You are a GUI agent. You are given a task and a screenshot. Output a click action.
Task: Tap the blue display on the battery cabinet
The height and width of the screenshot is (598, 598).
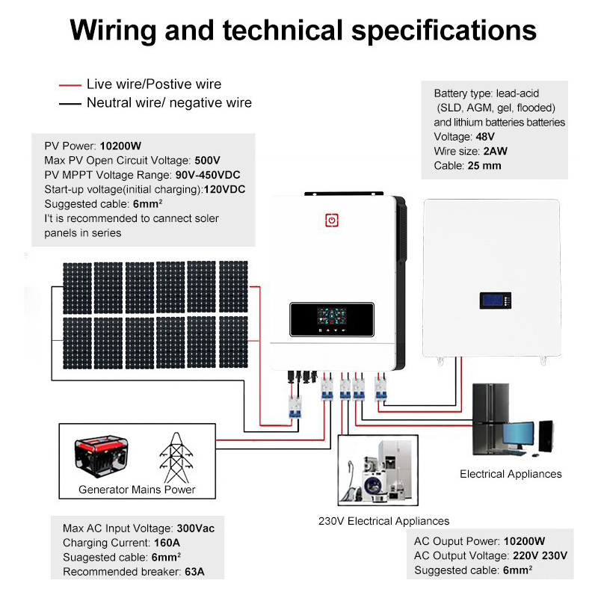coord(494,301)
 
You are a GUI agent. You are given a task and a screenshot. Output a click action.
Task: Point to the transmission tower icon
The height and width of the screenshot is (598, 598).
coord(176,457)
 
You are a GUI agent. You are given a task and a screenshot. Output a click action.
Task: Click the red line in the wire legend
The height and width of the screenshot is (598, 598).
coord(70,85)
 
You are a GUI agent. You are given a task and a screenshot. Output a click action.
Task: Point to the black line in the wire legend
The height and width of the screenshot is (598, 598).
coord(70,103)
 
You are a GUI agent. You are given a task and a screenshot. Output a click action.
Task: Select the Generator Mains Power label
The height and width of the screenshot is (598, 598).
coord(137,490)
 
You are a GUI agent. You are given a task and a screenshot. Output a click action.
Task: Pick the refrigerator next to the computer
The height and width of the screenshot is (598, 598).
coord(487,419)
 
